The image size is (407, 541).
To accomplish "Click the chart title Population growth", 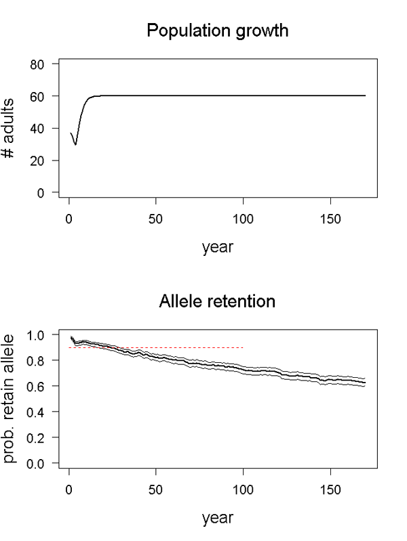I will (x=217, y=31).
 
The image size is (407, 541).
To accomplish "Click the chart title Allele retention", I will (x=217, y=301).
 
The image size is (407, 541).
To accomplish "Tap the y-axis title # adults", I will (x=13, y=128).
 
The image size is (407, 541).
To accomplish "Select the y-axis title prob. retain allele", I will (x=13, y=399).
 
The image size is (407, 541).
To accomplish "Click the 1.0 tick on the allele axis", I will (x=41, y=334).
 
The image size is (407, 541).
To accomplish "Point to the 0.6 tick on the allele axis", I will (x=41, y=386).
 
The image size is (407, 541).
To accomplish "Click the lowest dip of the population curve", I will (x=76, y=144).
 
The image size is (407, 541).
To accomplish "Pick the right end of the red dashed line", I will (x=243, y=347).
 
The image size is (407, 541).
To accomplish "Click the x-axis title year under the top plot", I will (x=217, y=248).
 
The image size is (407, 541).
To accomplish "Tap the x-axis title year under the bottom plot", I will (x=217, y=518).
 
